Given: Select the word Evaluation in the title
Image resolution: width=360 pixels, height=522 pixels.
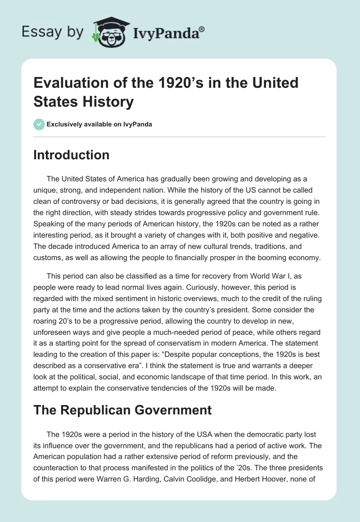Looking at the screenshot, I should tap(67, 83).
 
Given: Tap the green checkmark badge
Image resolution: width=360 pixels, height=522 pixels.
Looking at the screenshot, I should tap(39, 125).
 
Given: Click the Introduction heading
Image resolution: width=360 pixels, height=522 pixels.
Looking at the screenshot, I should tap(71, 155).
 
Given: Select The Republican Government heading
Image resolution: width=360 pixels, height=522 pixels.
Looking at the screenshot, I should tap(122, 409).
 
